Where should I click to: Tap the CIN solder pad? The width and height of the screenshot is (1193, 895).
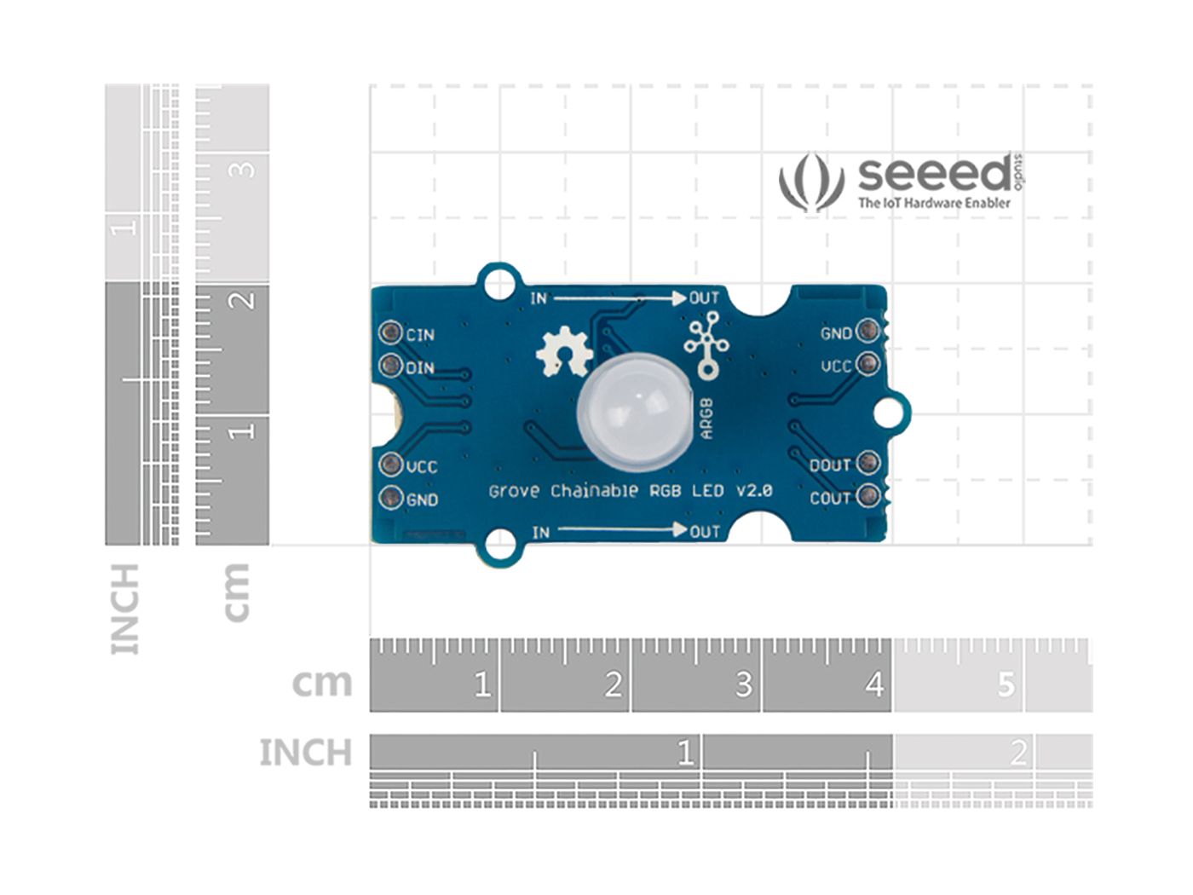[x=391, y=332]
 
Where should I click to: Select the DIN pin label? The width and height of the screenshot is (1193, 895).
[x=420, y=368]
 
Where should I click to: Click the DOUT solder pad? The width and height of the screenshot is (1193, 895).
[x=867, y=463]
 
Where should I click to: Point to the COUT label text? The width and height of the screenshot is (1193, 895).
[x=830, y=498]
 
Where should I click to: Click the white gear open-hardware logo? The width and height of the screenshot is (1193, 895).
[x=562, y=353]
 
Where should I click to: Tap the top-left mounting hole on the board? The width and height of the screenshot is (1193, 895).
[x=499, y=283]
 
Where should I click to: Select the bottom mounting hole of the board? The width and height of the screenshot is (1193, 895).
[x=499, y=544]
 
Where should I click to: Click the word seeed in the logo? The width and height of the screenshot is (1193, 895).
[x=934, y=175]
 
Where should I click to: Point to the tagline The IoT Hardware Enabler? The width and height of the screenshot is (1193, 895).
[x=934, y=203]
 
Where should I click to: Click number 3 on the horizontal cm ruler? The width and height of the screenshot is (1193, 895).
[x=743, y=684]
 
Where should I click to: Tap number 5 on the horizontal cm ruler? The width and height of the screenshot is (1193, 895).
[x=1006, y=684]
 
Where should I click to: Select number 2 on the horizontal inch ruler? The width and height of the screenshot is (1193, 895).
[x=1017, y=753]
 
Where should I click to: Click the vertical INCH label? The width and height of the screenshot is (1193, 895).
[x=124, y=609]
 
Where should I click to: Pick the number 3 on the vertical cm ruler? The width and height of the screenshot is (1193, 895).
[x=245, y=169]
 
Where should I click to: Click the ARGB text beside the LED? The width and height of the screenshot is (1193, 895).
[x=706, y=418]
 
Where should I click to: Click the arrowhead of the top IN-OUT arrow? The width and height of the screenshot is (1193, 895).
[x=678, y=298]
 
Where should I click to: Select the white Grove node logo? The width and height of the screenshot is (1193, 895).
[x=706, y=344]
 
